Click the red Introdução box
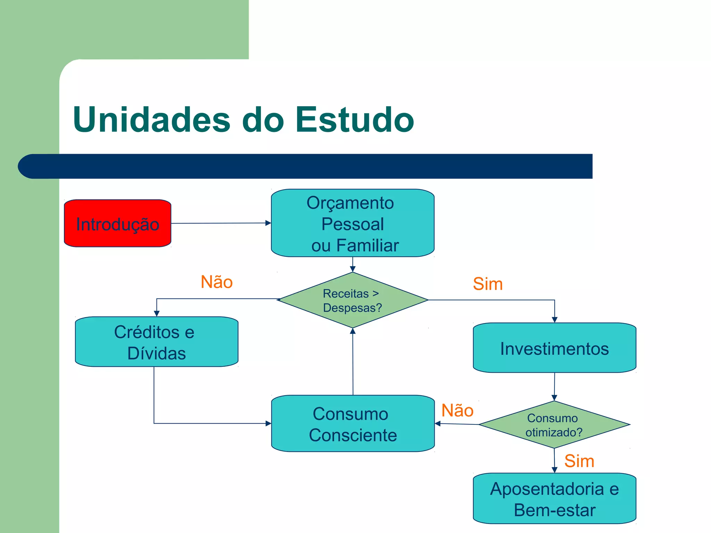coord(117,223)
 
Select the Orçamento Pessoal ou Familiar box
coord(352,223)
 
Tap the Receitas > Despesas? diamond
coord(352,300)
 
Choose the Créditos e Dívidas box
coord(156,342)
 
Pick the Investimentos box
coord(554,348)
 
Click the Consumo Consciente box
coord(353,423)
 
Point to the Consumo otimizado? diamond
coord(554,425)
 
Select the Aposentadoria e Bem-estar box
coord(554,499)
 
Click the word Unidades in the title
coord(151,120)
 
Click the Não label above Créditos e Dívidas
coord(217,282)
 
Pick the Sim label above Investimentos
coord(487,284)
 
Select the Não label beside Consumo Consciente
coord(457,411)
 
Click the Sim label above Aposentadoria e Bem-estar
coord(579,461)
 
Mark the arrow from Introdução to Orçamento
coord(221,223)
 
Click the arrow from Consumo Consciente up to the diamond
coord(353,361)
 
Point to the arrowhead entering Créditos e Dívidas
coord(157,313)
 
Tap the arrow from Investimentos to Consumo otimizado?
coord(554,386)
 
